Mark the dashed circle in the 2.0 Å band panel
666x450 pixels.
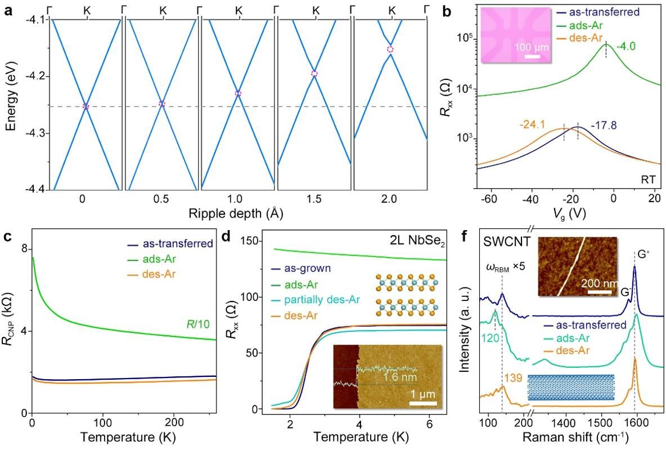pyautogui.click(x=390, y=49)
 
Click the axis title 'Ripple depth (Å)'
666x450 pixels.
pyautogui.click(x=236, y=213)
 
